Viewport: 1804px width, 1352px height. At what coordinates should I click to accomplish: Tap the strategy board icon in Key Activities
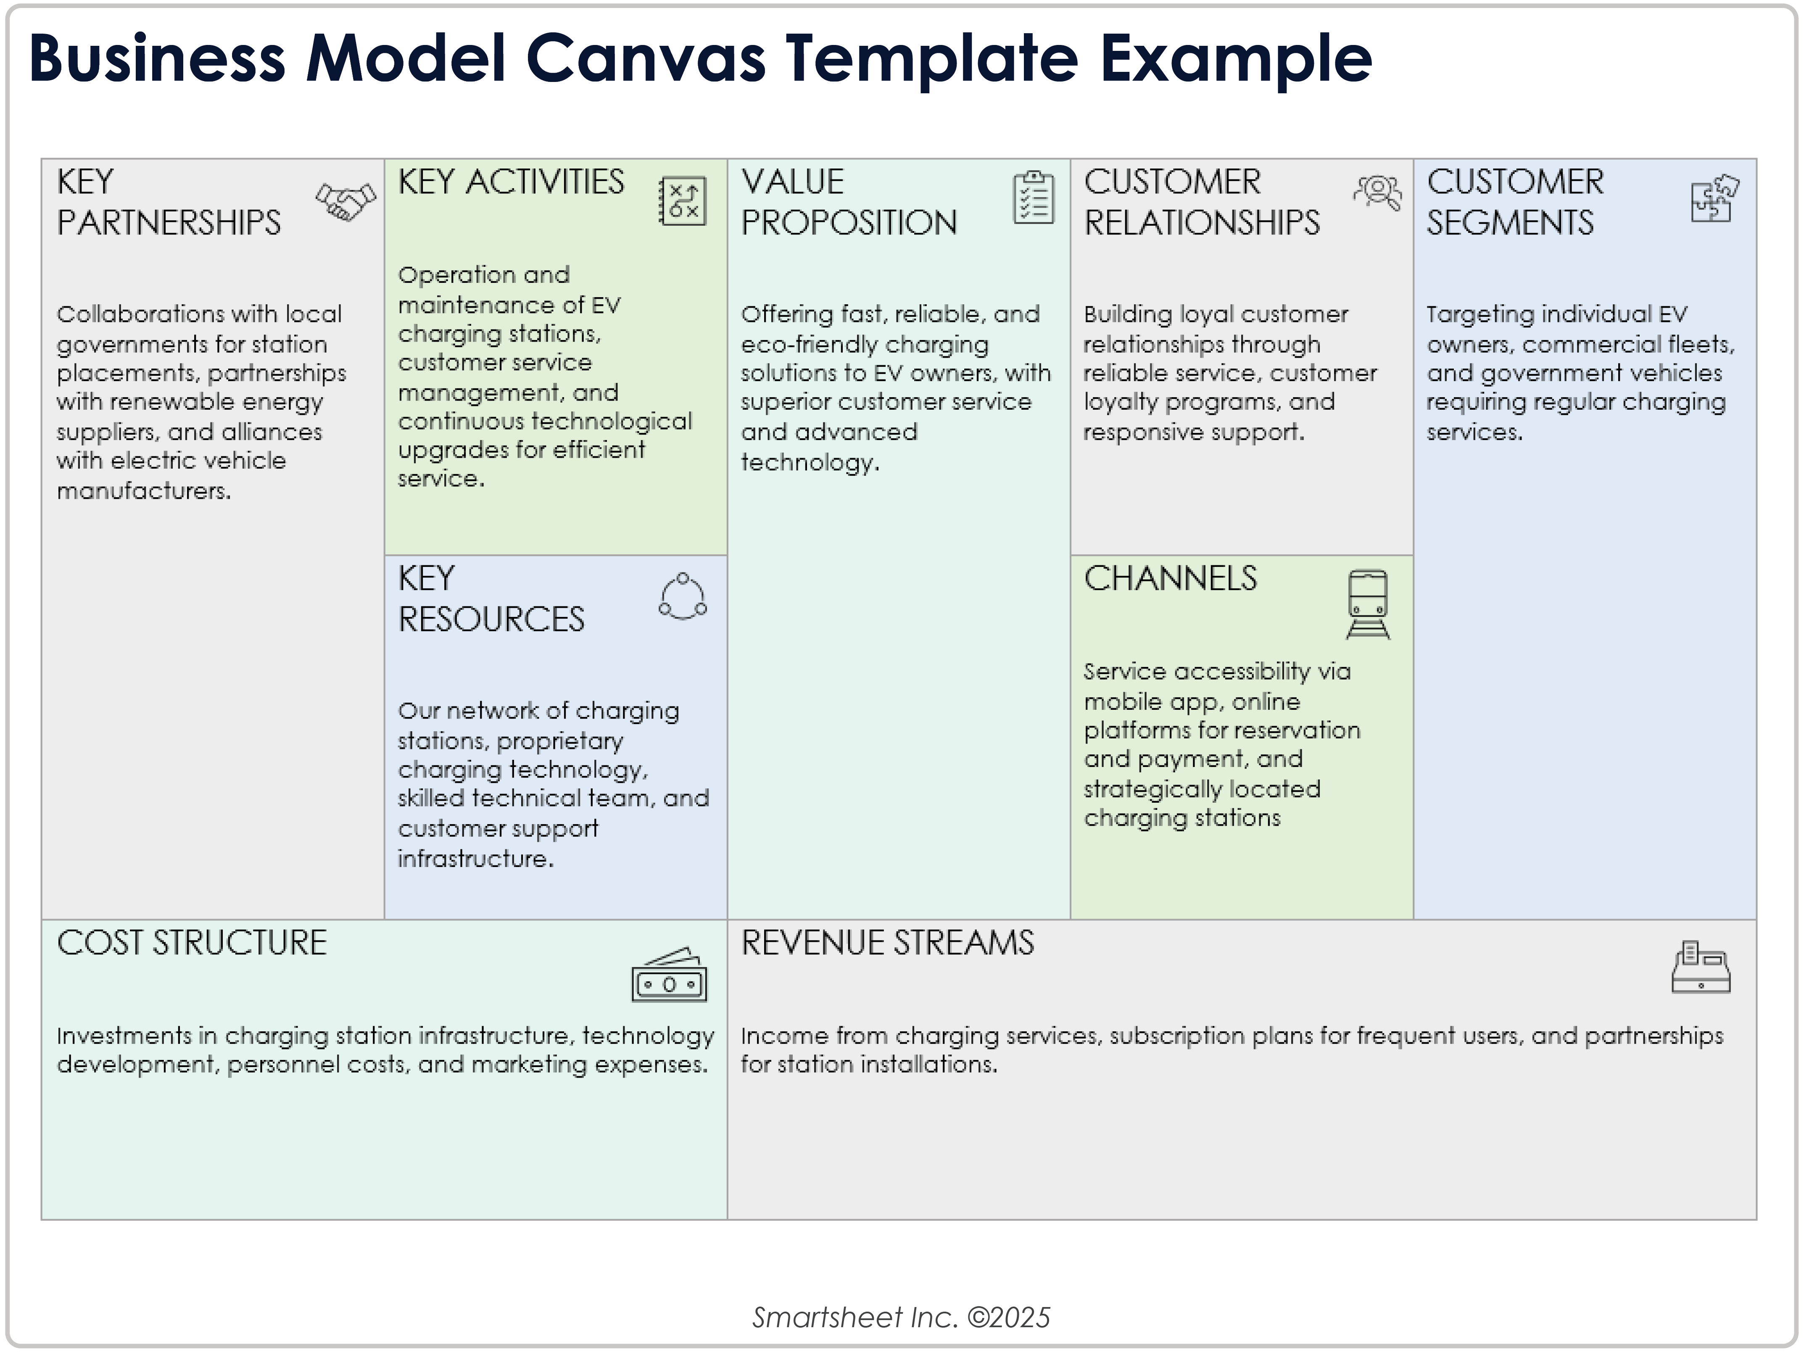coord(683,200)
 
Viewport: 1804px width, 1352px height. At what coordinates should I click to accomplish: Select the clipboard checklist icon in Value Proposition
coord(1033,198)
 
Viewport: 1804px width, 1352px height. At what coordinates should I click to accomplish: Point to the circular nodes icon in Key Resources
coord(683,597)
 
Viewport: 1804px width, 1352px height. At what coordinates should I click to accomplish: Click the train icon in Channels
coord(1368,604)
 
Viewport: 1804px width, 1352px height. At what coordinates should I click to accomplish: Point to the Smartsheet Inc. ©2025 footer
coord(901,1317)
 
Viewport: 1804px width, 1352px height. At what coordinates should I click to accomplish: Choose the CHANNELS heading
coord(1170,579)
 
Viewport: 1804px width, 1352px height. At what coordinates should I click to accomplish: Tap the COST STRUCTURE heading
coord(192,944)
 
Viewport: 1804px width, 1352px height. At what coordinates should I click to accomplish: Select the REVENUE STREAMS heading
coord(887,944)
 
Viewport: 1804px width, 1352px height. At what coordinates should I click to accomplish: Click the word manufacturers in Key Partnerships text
coord(143,491)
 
